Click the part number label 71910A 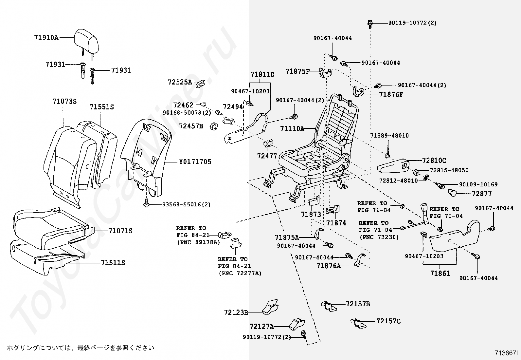click(x=46, y=38)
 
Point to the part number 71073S click(x=64, y=102)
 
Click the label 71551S click(x=102, y=107)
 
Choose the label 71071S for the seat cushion click(x=120, y=231)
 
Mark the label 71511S click(x=113, y=263)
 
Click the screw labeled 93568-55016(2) click(x=146, y=204)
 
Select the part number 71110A click(x=292, y=129)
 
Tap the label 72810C click(x=434, y=161)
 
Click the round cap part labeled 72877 click(x=453, y=193)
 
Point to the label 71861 click(x=440, y=273)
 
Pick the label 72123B click(x=236, y=313)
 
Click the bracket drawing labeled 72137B click(x=329, y=306)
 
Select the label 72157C click(x=388, y=321)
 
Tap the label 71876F click(x=391, y=95)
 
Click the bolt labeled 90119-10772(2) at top click(x=370, y=23)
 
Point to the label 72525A click(x=180, y=82)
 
